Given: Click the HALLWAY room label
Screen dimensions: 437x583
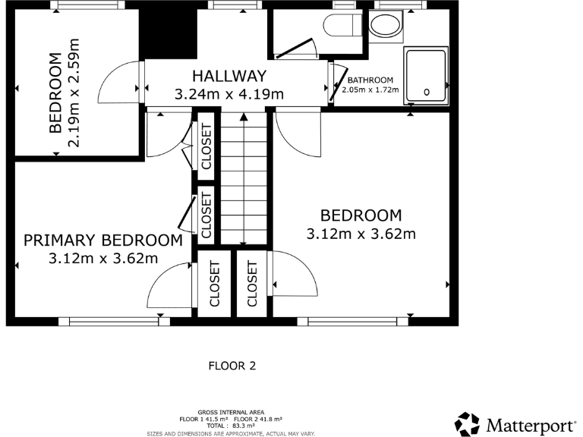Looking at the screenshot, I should click(x=228, y=76).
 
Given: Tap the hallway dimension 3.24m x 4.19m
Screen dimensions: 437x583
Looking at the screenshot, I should click(x=228, y=95).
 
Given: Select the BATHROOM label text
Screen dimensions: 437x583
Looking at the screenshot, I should click(x=370, y=80).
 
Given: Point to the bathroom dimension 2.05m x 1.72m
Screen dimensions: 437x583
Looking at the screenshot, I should click(x=370, y=90).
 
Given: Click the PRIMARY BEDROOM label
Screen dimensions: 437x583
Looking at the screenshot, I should click(x=102, y=241).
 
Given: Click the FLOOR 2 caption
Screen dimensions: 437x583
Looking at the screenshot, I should click(x=232, y=366).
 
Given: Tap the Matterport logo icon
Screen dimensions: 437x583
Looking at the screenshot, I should click(x=467, y=423).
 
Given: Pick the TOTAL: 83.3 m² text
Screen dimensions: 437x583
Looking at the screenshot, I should click(x=230, y=426).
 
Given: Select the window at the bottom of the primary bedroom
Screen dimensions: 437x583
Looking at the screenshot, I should click(x=114, y=322).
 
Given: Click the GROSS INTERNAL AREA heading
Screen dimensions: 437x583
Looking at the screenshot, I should click(x=230, y=413).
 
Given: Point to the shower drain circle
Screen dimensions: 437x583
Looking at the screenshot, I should click(x=427, y=92).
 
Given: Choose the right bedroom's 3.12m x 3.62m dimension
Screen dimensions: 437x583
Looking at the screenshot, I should click(x=361, y=234).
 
